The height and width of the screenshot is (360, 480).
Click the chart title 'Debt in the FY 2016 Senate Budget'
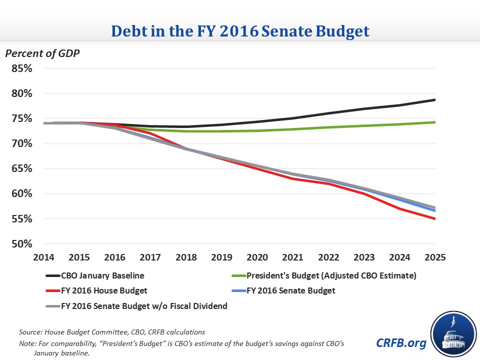pyautogui.click(x=240, y=31)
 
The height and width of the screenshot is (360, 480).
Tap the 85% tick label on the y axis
pyautogui.click(x=22, y=68)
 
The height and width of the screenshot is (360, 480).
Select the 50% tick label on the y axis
pyautogui.click(x=22, y=244)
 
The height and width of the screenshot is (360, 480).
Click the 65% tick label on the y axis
pyautogui.click(x=22, y=168)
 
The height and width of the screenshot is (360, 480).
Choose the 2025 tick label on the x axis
pyautogui.click(x=434, y=257)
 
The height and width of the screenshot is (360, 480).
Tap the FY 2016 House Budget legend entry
pyautogui.click(x=103, y=290)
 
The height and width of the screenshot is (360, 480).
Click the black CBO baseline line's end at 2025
pyautogui.click(x=435, y=100)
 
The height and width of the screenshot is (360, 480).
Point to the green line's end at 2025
pyautogui.click(x=435, y=122)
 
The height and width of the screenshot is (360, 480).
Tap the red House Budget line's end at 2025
pyautogui.click(x=435, y=219)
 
